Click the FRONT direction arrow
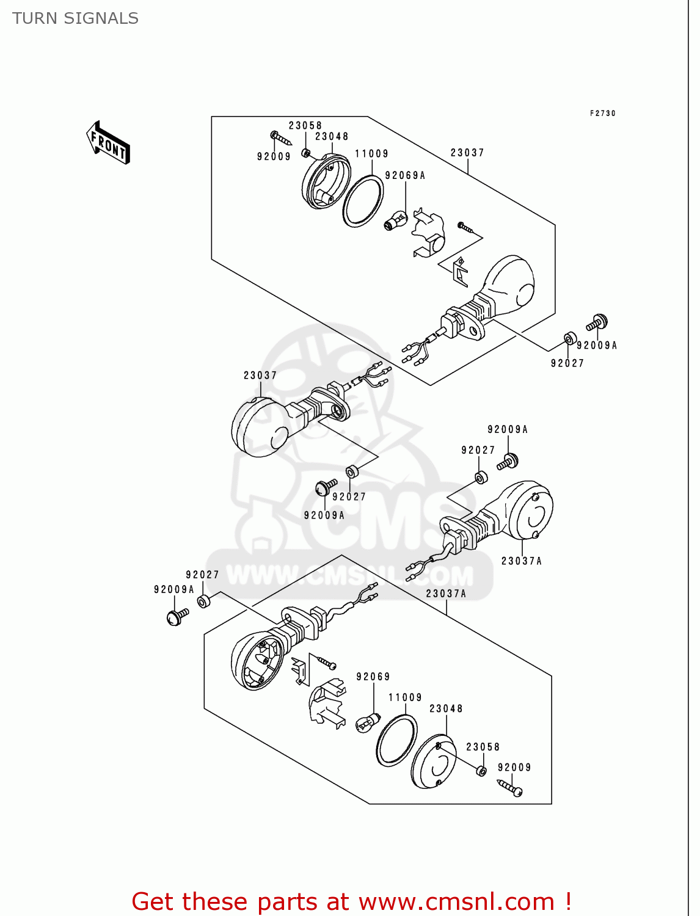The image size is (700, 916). (x=109, y=143)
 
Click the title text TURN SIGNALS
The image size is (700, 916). (x=75, y=19)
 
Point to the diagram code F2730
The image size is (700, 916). (x=602, y=114)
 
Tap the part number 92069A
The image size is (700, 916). (x=405, y=176)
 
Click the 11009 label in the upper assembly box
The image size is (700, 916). (x=371, y=154)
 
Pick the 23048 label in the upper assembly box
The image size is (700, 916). (x=332, y=137)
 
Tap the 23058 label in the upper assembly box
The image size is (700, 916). (x=305, y=126)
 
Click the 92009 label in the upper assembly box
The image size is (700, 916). (x=274, y=157)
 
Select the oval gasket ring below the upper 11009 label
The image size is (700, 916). (x=363, y=201)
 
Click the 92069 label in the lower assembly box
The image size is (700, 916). (x=373, y=677)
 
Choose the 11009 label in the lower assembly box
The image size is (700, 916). (x=405, y=697)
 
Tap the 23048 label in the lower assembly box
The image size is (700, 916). (x=446, y=708)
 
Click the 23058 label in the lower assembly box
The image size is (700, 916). (x=483, y=747)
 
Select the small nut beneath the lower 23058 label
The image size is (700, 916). (x=481, y=771)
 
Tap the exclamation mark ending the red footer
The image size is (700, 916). (x=568, y=901)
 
